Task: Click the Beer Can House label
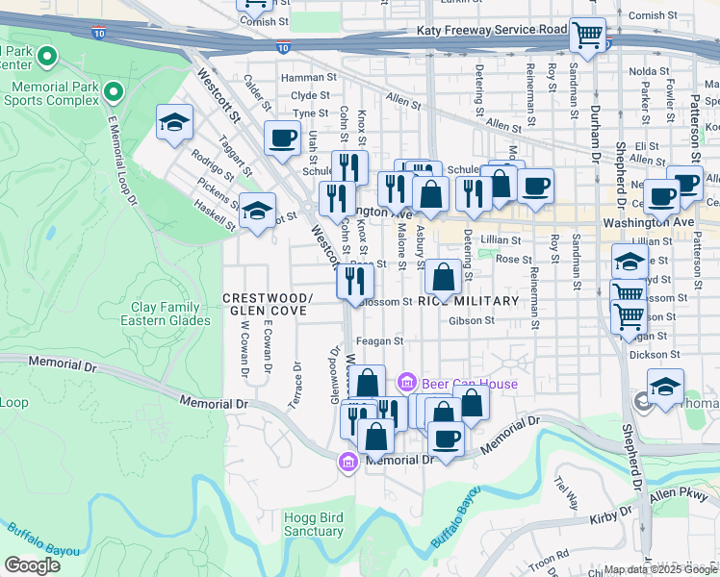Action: click(x=466, y=384)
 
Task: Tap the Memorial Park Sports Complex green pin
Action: click(x=115, y=92)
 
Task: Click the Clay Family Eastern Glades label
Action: click(x=170, y=314)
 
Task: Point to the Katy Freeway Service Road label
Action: click(x=492, y=30)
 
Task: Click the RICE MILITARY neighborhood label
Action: click(x=470, y=301)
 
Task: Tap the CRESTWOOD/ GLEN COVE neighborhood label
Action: click(x=268, y=304)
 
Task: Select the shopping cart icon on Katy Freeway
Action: click(x=587, y=37)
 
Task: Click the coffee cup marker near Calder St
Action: click(x=282, y=139)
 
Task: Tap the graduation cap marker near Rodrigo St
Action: click(x=174, y=122)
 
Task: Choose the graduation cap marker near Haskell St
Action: click(x=257, y=211)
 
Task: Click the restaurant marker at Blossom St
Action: click(x=354, y=281)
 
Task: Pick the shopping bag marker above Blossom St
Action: click(x=443, y=278)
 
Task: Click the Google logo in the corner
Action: click(x=32, y=565)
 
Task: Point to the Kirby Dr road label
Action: click(x=608, y=519)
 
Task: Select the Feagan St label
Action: click(x=379, y=340)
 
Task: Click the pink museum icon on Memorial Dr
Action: click(x=347, y=463)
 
